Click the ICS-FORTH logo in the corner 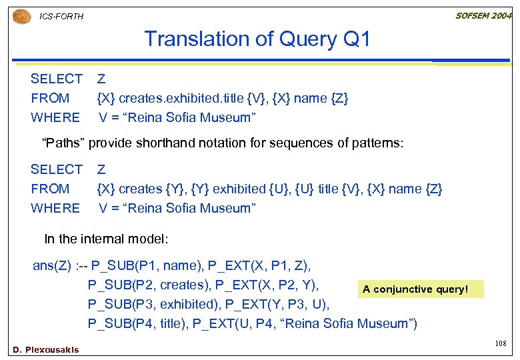(x=22, y=15)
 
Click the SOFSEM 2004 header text (x=483, y=15)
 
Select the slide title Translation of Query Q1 (x=257, y=39)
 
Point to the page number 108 (x=501, y=343)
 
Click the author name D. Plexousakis (x=46, y=349)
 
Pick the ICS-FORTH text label (x=62, y=16)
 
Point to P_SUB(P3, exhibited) (x=153, y=305)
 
